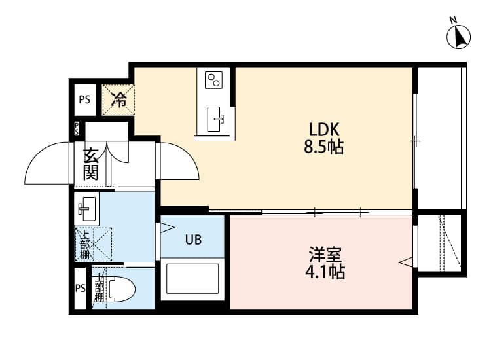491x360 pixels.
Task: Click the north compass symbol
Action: click(458, 36)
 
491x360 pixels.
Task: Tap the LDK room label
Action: click(324, 130)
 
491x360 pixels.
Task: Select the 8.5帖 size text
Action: click(324, 147)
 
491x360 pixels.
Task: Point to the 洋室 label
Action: click(325, 254)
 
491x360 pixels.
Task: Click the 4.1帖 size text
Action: click(325, 272)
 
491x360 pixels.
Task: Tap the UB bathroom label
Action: click(193, 240)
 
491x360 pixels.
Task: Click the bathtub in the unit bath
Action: click(192, 279)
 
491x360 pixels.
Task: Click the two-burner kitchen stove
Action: click(213, 80)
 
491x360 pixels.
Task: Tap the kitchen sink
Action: click(215, 119)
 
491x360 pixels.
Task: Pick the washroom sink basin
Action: click(86, 209)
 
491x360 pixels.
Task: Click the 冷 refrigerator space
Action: click(118, 100)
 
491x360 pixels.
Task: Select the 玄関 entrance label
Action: click(91, 164)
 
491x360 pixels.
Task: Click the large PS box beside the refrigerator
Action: click(84, 99)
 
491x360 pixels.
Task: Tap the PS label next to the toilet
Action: click(80, 288)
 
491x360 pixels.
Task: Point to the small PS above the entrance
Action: click(77, 129)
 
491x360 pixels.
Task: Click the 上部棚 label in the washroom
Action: click(84, 245)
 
